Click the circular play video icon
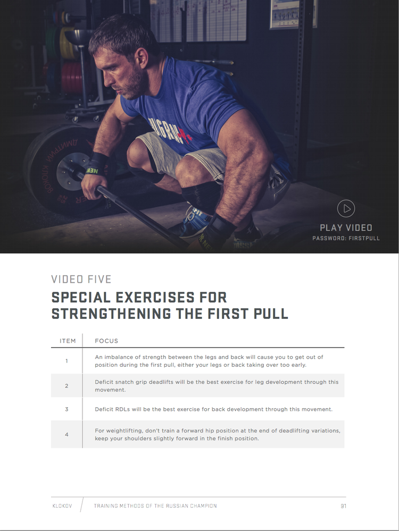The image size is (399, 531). click(346, 208)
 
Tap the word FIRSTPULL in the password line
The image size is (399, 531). click(364, 239)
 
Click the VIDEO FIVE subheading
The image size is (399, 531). click(81, 280)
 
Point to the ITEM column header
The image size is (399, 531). click(68, 341)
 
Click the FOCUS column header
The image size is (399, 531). click(106, 341)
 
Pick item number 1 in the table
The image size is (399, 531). click(67, 361)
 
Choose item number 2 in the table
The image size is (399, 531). click(67, 386)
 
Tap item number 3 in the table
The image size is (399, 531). click(67, 409)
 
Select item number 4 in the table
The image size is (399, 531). click(67, 434)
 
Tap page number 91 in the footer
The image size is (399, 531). click(343, 506)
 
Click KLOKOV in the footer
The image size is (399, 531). click(62, 506)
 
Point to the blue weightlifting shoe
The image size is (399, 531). click(193, 220)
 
